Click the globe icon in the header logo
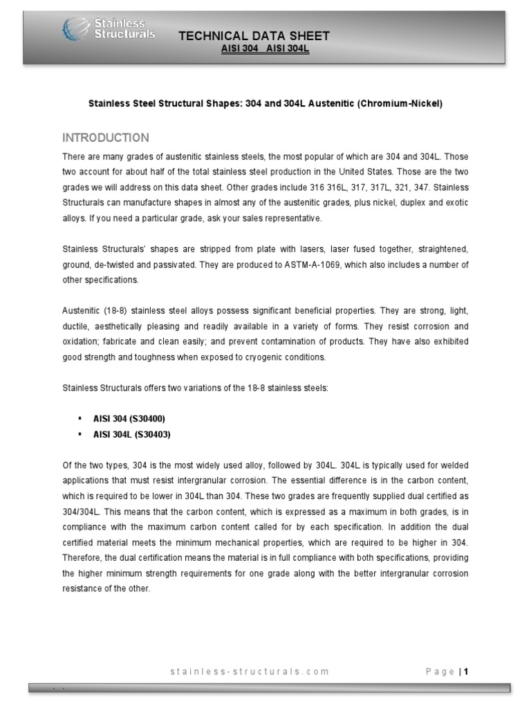(x=73, y=28)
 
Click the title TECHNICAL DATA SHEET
(x=254, y=36)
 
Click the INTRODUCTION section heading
(x=105, y=137)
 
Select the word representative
(x=292, y=218)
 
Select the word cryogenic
(x=259, y=357)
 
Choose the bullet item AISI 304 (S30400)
(x=129, y=419)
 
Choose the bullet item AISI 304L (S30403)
(x=131, y=434)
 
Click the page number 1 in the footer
(x=467, y=671)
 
